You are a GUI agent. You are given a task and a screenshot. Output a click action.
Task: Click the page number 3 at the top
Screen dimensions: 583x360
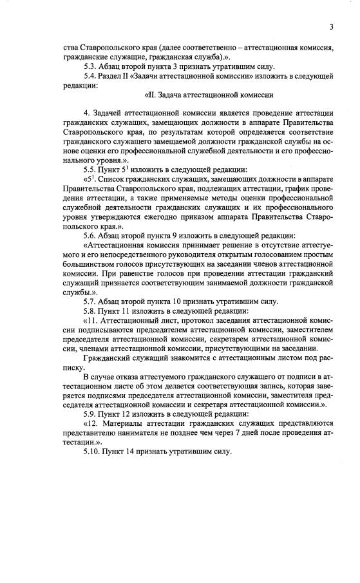[330, 26]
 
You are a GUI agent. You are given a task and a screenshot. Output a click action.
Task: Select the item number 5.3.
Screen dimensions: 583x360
[90, 67]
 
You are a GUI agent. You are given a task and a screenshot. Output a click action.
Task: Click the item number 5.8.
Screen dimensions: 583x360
[90, 310]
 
